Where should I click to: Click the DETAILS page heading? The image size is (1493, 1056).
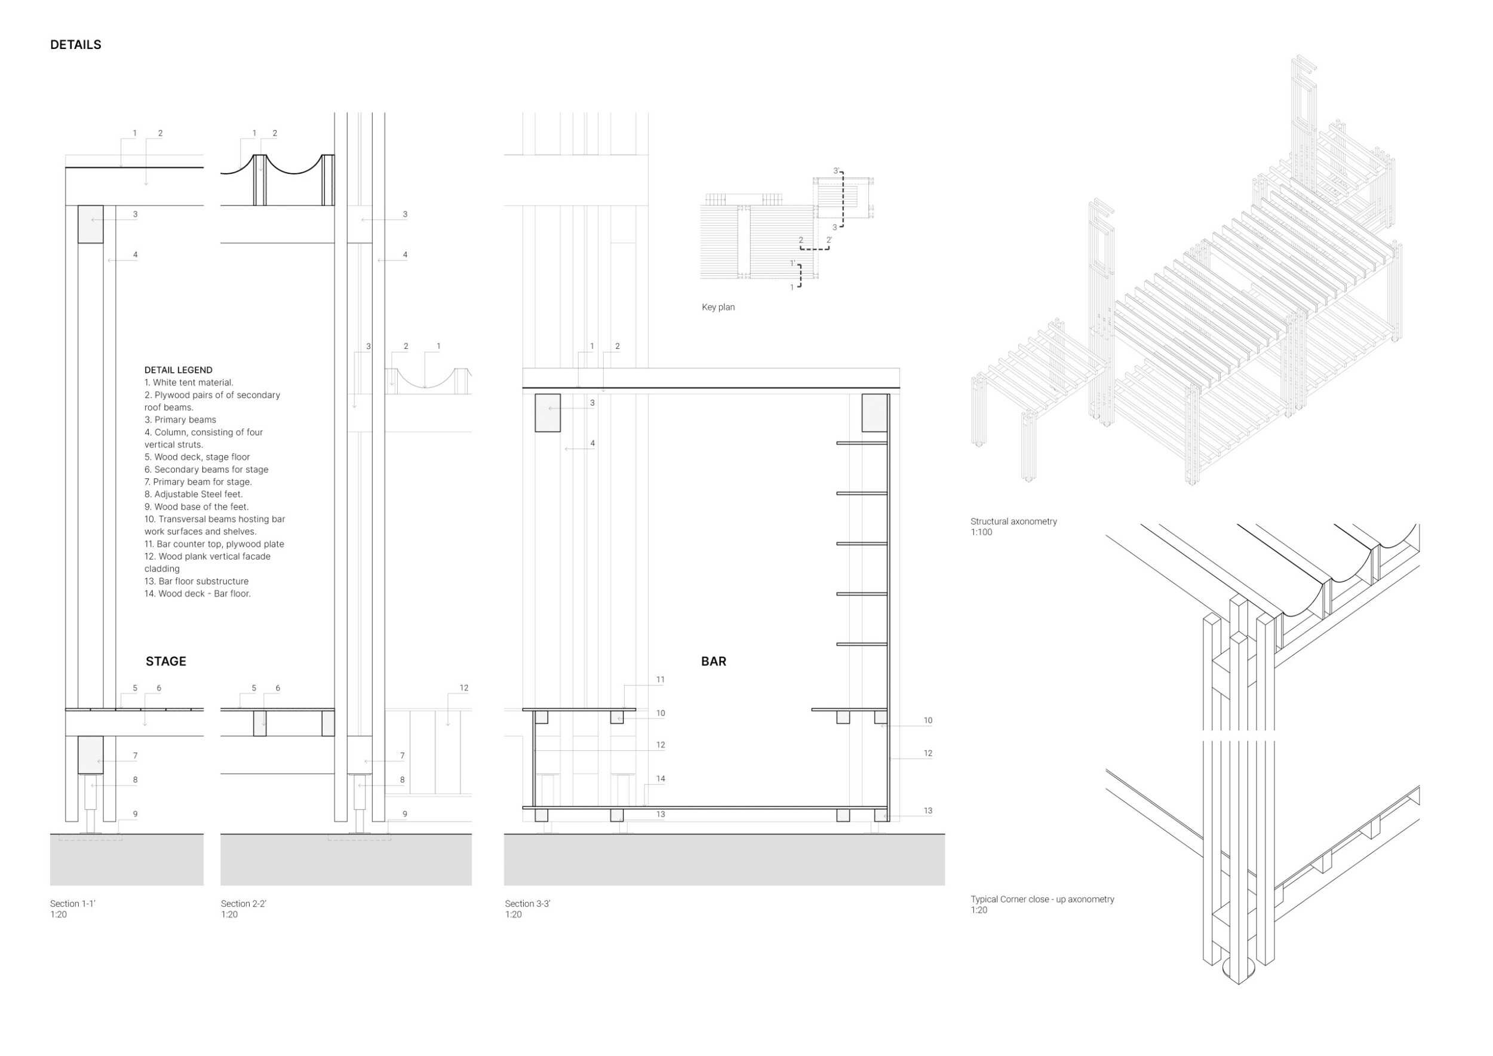pos(75,45)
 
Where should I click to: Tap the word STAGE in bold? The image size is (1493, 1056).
pos(166,661)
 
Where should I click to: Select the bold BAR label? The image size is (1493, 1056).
pos(713,661)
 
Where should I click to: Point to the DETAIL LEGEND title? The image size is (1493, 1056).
pos(178,370)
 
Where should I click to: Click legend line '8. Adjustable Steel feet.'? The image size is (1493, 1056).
pos(193,494)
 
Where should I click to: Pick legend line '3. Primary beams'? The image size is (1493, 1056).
pos(180,419)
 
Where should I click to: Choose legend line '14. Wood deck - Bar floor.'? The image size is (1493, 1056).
pos(197,594)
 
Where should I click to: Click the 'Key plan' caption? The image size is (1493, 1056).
pos(718,307)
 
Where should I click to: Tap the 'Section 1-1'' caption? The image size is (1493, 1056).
pos(73,903)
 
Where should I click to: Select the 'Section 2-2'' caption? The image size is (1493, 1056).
pos(243,903)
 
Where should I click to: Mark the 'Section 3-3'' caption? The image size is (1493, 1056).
pos(527,903)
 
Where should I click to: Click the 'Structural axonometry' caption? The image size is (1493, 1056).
pos(1013,521)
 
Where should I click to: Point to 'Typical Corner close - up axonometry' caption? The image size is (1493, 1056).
pos(1042,900)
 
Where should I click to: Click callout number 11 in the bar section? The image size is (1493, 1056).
pos(660,680)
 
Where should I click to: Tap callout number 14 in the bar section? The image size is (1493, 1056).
pos(660,778)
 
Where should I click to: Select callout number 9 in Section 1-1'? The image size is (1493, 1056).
pos(135,814)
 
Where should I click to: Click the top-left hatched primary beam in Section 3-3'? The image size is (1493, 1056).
pos(548,413)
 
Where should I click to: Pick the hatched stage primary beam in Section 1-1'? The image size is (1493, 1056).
pos(90,755)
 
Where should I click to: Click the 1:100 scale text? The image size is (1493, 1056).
pos(981,533)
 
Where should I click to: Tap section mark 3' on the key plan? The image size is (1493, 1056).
pos(836,171)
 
